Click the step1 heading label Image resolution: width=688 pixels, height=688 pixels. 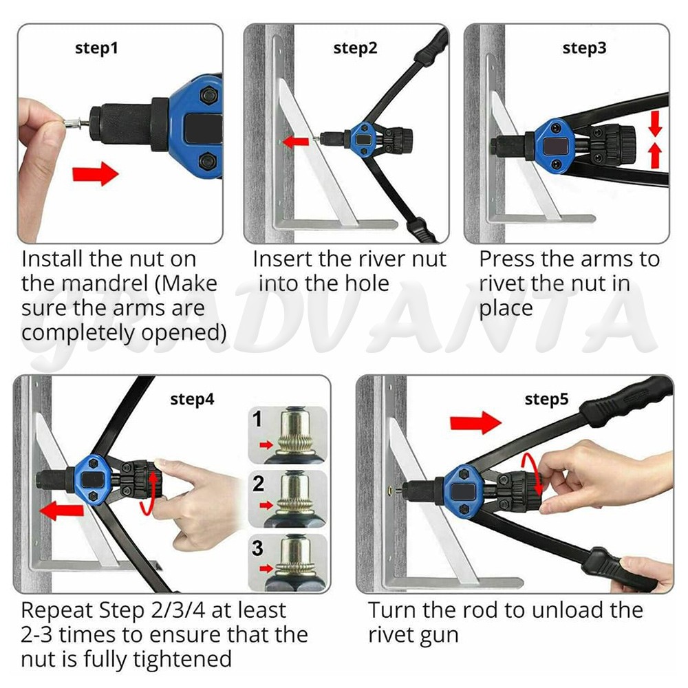(x=96, y=48)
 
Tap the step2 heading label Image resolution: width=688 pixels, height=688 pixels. (x=355, y=48)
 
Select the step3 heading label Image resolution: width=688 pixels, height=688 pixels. (x=584, y=48)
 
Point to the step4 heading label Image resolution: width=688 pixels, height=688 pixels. (x=192, y=399)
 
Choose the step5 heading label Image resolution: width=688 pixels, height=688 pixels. (x=546, y=399)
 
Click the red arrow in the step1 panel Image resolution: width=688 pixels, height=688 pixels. (x=95, y=174)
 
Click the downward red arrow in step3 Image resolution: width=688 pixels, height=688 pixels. (x=655, y=123)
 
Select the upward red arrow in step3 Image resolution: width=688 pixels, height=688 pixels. (x=655, y=155)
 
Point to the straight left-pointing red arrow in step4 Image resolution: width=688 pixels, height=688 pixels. (x=61, y=510)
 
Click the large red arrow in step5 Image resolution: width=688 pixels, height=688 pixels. (x=475, y=422)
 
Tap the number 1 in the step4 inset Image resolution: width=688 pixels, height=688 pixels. (x=257, y=419)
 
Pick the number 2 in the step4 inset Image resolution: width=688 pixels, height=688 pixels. (x=258, y=484)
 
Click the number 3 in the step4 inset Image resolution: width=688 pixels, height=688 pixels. (x=257, y=548)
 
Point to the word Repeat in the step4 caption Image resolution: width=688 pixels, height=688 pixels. (x=56, y=611)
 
